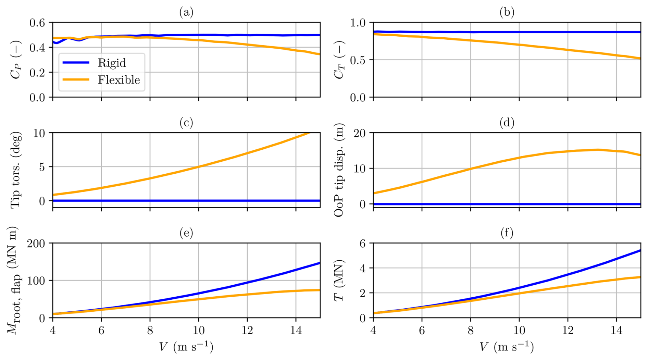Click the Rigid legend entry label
pos(112,63)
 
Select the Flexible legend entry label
pos(119,80)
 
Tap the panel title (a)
pos(186,12)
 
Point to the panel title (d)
pos(507,123)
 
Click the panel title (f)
pos(507,233)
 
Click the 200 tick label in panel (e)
pos(36,244)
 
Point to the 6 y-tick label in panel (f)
pos(362,244)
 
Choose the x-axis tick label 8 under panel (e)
pos(150,331)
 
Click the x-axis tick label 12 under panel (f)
pos(568,331)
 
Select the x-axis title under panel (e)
pos(186,347)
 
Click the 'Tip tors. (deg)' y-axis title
pos(16,170)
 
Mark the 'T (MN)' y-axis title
pos(339,281)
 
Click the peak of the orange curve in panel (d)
pos(598,150)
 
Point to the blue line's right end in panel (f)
pos(640,250)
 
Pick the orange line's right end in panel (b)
pos(640,59)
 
